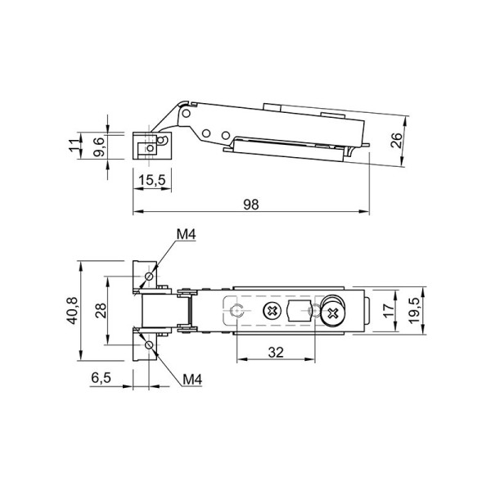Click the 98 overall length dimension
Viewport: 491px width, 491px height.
pyautogui.click(x=251, y=205)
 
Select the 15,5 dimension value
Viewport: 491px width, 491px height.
pyautogui.click(x=152, y=180)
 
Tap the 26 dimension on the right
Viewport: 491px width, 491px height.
pyautogui.click(x=397, y=140)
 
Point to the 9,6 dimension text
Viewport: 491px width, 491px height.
pyautogui.click(x=98, y=146)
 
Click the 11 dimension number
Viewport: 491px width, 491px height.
pyautogui.click(x=74, y=146)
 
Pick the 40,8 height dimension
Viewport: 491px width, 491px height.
pyautogui.click(x=72, y=311)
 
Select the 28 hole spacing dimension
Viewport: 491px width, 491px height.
pyautogui.click(x=101, y=311)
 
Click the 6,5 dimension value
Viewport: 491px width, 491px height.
pyautogui.click(x=101, y=377)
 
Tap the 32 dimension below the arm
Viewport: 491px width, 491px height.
pyautogui.click(x=276, y=352)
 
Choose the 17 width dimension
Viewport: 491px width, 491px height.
pyautogui.click(x=389, y=310)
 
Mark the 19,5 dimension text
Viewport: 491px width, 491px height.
pyautogui.click(x=413, y=310)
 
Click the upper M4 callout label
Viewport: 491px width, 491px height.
pyautogui.click(x=187, y=234)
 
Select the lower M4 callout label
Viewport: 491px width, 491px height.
pyautogui.click(x=192, y=380)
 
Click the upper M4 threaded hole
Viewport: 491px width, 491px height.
pyautogui.click(x=149, y=277)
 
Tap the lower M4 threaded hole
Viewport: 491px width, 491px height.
pyautogui.click(x=149, y=345)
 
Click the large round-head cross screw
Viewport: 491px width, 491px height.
pyautogui.click(x=332, y=313)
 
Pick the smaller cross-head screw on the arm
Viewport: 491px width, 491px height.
pyautogui.click(x=272, y=311)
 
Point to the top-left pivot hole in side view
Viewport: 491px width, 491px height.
pyautogui.click(x=187, y=113)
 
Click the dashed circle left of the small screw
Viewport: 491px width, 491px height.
pyautogui.click(x=236, y=311)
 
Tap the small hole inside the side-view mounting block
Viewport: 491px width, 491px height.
pyautogui.click(x=151, y=148)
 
